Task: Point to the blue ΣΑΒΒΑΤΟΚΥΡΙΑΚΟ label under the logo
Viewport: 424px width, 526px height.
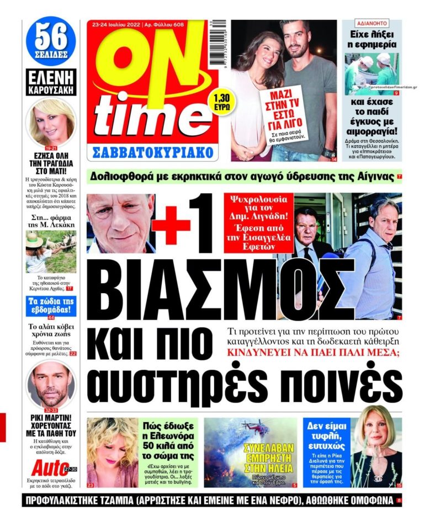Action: click(152, 151)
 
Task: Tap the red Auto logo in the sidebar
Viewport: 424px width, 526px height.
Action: click(50, 469)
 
